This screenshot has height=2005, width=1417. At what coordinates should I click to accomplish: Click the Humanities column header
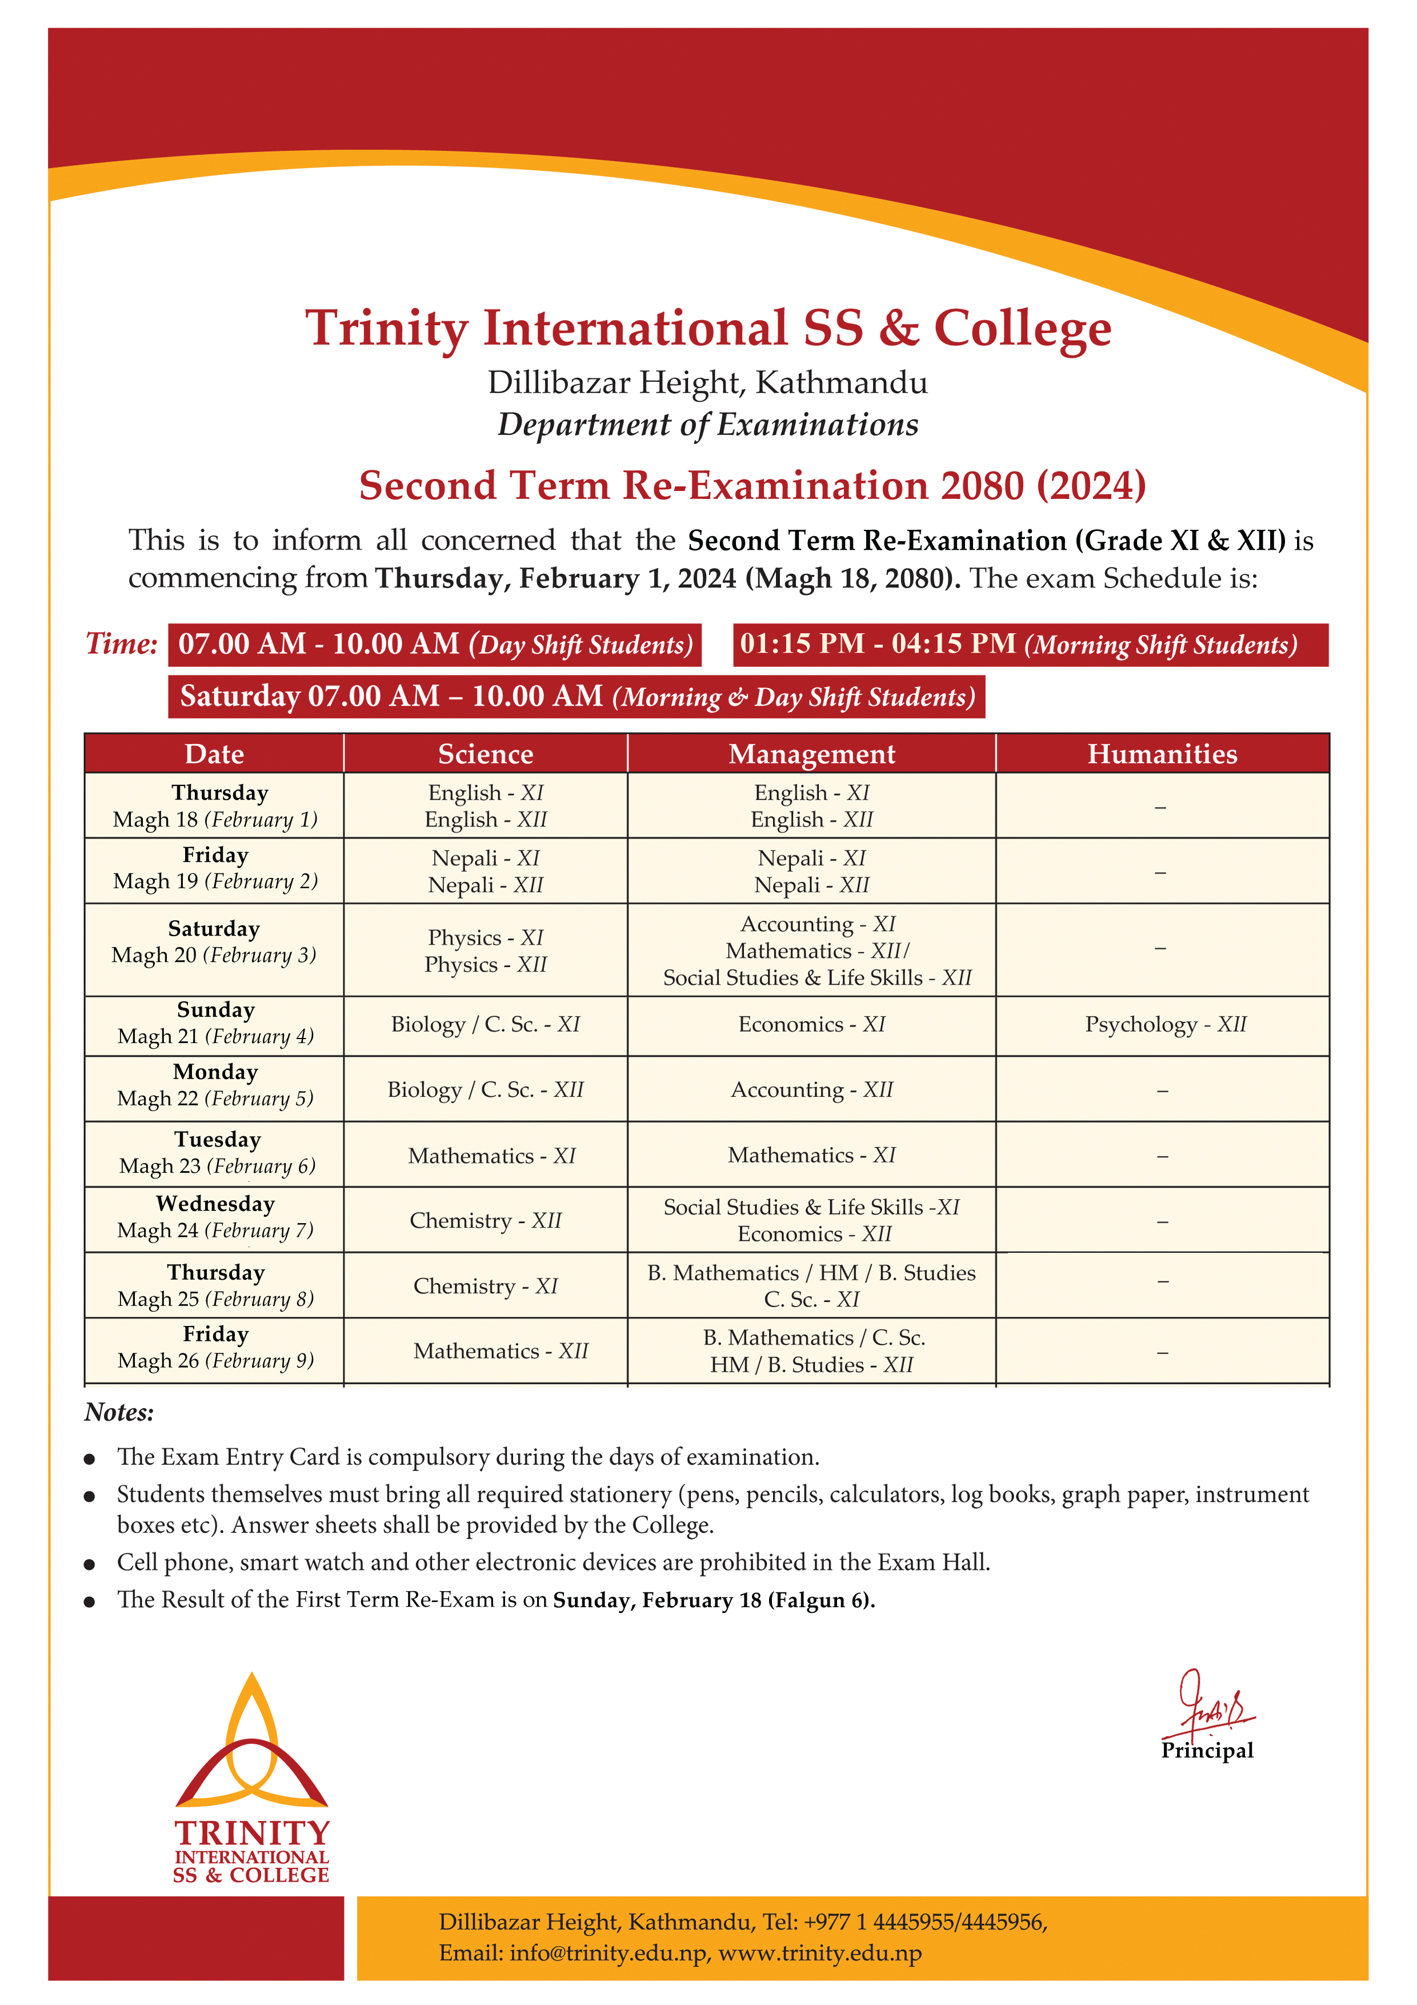coord(1162,754)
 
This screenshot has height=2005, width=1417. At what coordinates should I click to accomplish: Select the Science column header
coord(486,754)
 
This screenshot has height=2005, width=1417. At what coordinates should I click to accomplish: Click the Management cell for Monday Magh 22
coord(811,1090)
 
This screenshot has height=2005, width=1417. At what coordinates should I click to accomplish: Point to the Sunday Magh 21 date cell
coord(215,1024)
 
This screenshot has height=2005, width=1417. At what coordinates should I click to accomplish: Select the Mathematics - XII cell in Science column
coord(501,1351)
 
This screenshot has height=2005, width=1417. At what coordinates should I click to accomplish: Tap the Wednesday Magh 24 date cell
coord(215,1217)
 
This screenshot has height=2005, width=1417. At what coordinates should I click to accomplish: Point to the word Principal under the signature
coord(1207,1751)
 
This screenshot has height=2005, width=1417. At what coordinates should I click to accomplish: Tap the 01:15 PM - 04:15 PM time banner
coord(1030,645)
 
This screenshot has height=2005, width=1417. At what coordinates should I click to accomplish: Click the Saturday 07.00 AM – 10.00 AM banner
coord(577,697)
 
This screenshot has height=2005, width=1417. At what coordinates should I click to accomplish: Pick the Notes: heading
coord(119,1413)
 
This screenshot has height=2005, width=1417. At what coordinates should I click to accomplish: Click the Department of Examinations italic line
coord(707,425)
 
